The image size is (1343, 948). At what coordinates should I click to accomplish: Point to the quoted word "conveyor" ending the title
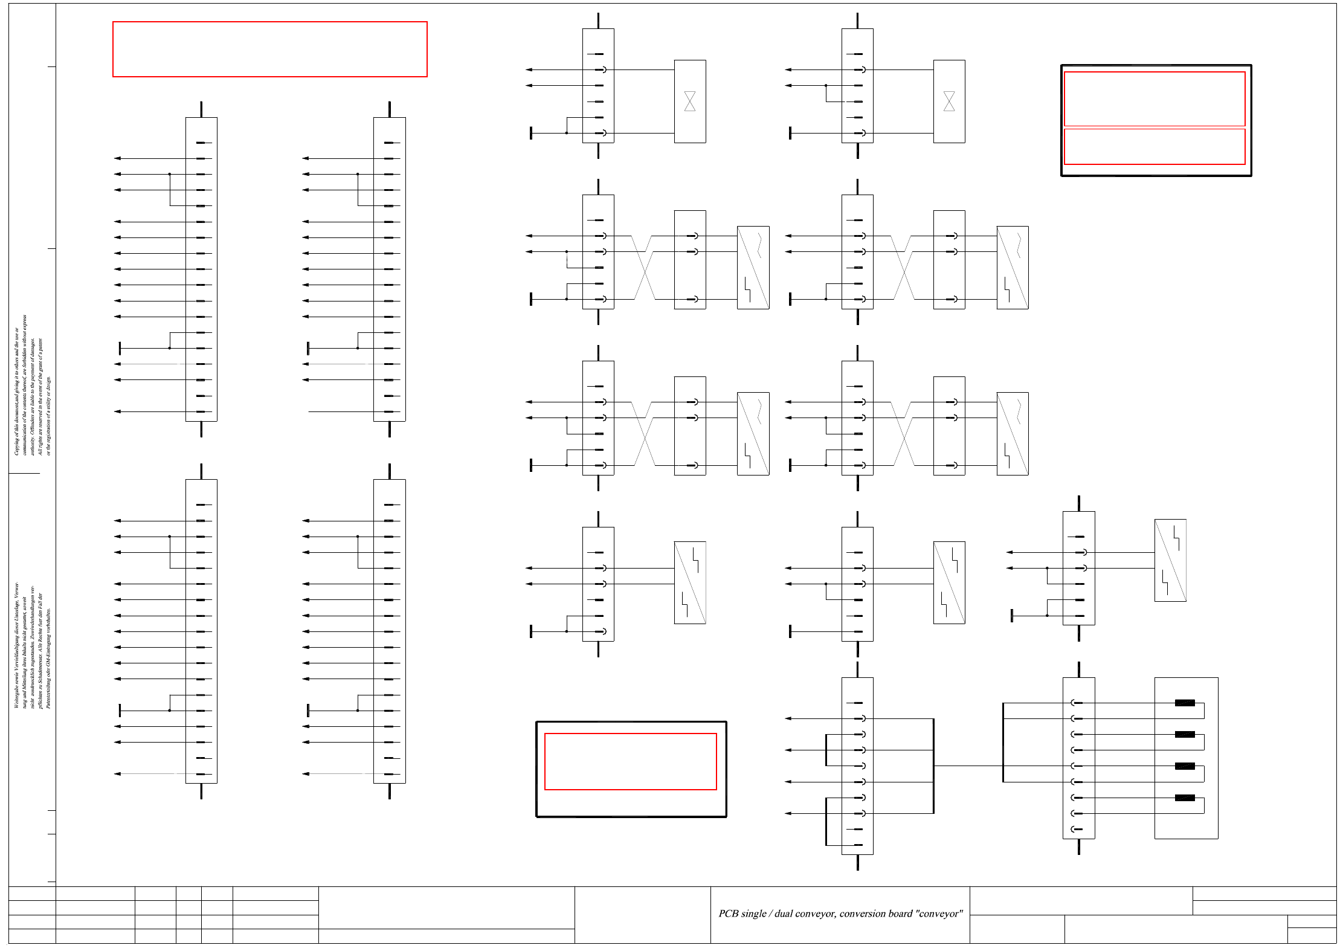pos(939,914)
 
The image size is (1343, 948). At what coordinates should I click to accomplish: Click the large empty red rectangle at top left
pos(269,49)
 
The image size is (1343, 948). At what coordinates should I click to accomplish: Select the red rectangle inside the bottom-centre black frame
pos(630,761)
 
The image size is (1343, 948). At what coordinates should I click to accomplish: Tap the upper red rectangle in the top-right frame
pos(1154,98)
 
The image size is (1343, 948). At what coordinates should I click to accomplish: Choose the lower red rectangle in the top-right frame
pos(1154,146)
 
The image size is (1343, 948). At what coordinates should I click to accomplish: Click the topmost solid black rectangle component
pos(1184,703)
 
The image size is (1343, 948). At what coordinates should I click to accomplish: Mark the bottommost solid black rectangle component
pos(1184,798)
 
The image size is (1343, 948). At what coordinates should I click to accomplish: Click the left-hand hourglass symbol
pos(689,101)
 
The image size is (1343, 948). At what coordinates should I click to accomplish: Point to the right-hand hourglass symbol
pos(948,101)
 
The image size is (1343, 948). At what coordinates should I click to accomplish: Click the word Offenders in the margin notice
pos(33,430)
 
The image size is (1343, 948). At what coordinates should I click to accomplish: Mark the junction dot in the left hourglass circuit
pos(566,133)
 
